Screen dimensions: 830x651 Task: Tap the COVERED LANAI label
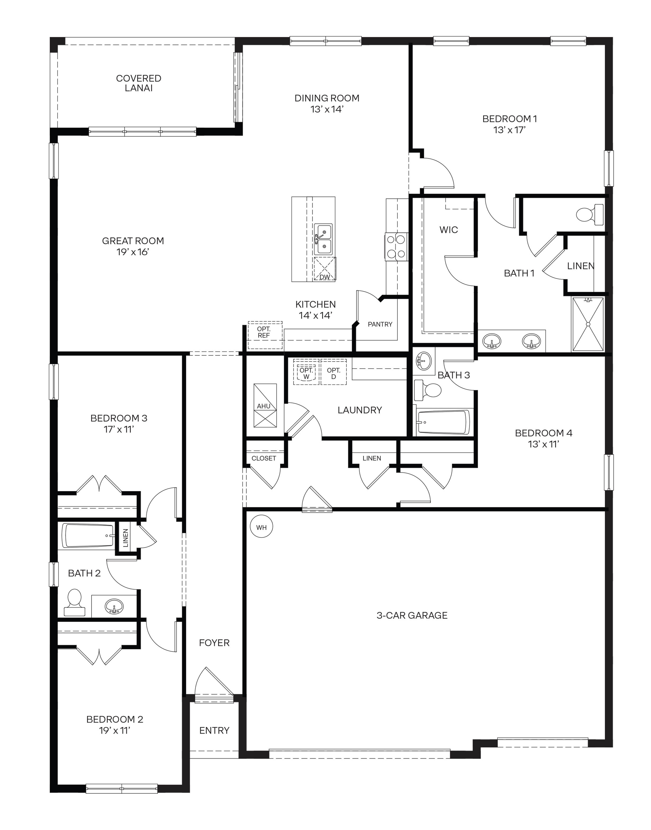[138, 83]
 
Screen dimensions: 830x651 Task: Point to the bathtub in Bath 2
[89, 535]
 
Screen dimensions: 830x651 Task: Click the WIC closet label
[449, 230]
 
